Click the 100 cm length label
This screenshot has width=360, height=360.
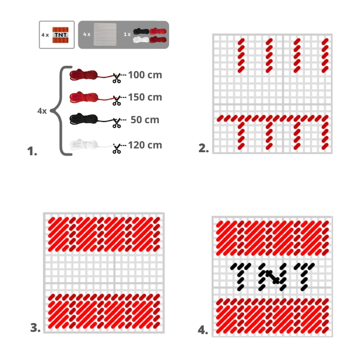(145, 75)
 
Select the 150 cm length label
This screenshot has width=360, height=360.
(145, 97)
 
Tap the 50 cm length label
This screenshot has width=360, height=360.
(145, 120)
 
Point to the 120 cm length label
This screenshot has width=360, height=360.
(145, 145)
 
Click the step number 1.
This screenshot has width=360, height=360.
(32, 151)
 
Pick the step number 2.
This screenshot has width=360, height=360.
(204, 148)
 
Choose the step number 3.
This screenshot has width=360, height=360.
(35, 328)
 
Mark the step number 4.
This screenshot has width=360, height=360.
(203, 330)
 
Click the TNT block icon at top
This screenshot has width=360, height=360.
(60, 35)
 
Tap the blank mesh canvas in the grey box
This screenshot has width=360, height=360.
(105, 34)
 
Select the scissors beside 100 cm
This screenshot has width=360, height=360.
(117, 78)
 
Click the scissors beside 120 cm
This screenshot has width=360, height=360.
(117, 148)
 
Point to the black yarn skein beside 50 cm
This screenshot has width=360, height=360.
(84, 119)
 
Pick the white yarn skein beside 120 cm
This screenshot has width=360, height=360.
(84, 144)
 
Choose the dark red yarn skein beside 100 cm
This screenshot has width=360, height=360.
(84, 75)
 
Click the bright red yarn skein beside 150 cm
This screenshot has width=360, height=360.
(84, 97)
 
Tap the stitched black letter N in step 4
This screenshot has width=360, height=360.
(273, 277)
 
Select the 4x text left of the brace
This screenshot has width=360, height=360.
(42, 111)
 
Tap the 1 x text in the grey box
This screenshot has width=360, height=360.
(127, 34)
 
